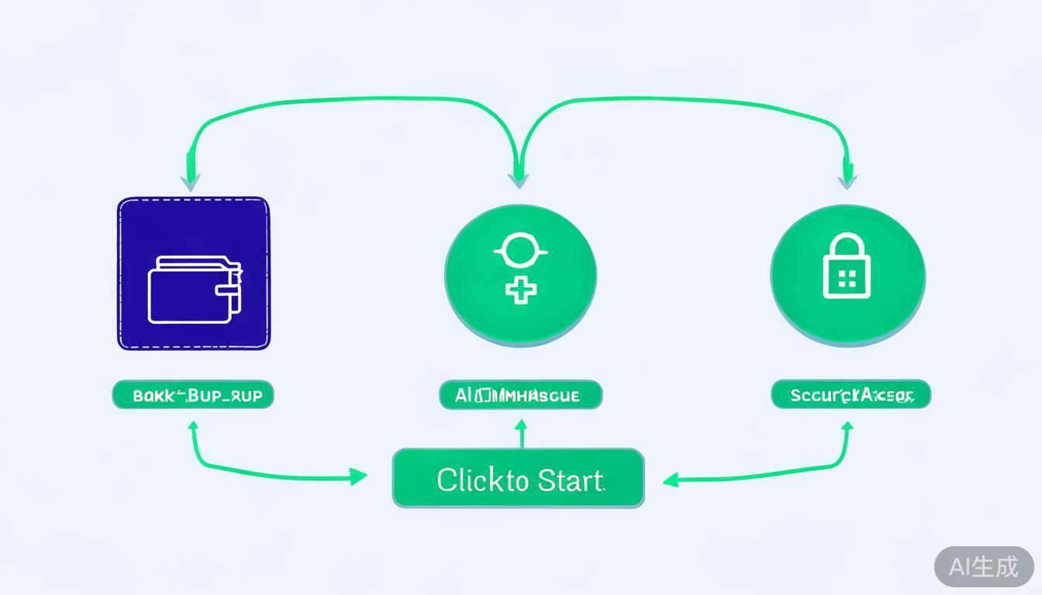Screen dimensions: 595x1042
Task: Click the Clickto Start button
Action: click(x=518, y=479)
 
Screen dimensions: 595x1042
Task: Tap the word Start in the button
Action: click(x=570, y=480)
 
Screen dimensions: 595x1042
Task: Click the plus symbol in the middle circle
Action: click(x=521, y=291)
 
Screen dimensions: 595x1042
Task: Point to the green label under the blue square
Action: click(x=193, y=395)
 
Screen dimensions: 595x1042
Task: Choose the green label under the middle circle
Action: click(x=520, y=395)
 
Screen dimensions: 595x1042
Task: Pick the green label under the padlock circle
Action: click(x=851, y=395)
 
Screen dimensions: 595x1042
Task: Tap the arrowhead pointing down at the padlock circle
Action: click(x=847, y=180)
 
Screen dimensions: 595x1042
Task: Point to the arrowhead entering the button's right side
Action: click(x=671, y=480)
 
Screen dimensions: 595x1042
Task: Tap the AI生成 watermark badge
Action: click(x=983, y=566)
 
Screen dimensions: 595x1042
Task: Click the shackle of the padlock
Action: click(x=846, y=246)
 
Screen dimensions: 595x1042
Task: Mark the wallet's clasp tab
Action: click(x=229, y=291)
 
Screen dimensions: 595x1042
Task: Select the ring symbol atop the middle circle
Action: click(x=520, y=251)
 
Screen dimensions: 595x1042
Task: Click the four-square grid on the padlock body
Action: click(x=847, y=279)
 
